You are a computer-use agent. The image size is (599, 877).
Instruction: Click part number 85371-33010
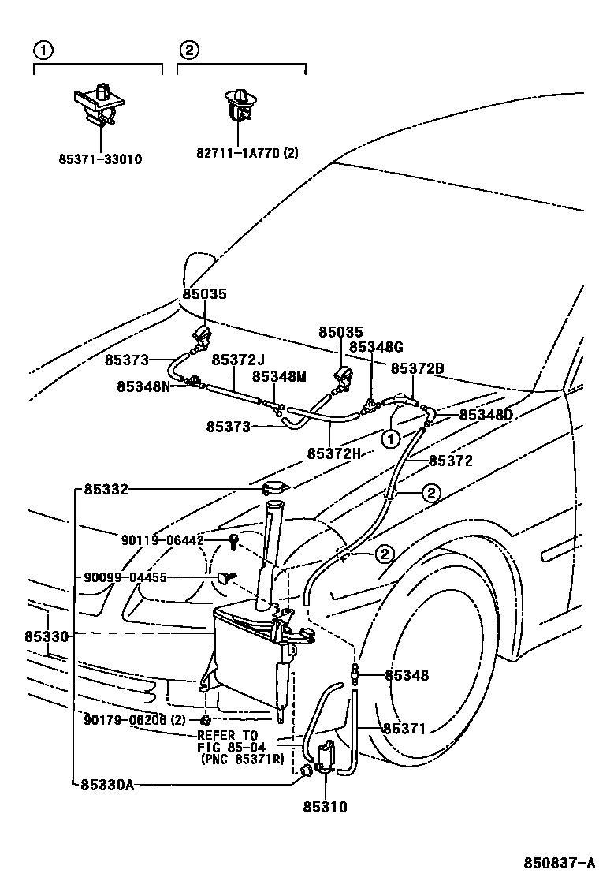click(x=101, y=159)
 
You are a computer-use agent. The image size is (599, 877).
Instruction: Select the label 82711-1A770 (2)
click(x=247, y=153)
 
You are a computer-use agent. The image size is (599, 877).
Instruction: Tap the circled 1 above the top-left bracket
click(x=43, y=51)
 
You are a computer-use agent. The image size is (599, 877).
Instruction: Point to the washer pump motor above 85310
click(x=326, y=756)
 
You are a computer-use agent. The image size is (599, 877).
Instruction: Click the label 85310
click(x=326, y=807)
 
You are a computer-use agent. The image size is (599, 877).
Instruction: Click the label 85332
click(x=106, y=490)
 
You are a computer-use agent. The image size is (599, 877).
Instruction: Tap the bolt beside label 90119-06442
click(x=233, y=541)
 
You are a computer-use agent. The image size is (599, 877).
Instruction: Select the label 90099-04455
click(x=125, y=577)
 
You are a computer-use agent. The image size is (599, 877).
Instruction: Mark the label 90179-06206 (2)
click(x=135, y=720)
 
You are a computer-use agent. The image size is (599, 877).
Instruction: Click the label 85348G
click(x=376, y=347)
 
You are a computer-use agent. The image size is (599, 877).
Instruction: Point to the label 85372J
click(x=239, y=360)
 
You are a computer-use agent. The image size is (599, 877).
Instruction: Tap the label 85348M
click(x=279, y=377)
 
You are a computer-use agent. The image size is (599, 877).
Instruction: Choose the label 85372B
click(x=418, y=368)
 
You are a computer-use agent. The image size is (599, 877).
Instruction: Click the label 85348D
click(x=486, y=415)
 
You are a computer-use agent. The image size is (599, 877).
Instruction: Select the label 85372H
click(x=334, y=453)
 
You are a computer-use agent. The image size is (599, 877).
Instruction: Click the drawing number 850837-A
click(x=560, y=862)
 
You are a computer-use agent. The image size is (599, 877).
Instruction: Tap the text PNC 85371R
click(x=242, y=759)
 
